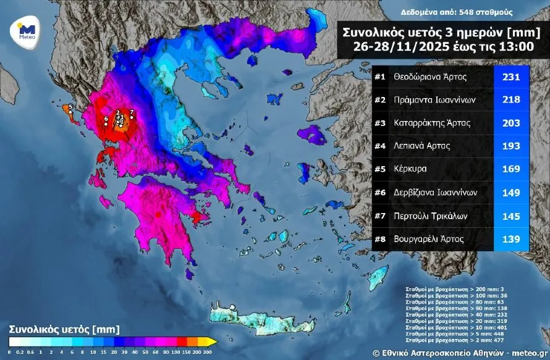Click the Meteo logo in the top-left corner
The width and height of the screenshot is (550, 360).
click(x=26, y=30)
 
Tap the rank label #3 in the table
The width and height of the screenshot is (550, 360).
click(x=381, y=123)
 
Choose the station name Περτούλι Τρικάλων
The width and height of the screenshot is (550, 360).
click(x=430, y=216)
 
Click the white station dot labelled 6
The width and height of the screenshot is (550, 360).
click(x=106, y=123)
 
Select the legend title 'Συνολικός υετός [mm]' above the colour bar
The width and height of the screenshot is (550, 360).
click(x=64, y=329)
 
